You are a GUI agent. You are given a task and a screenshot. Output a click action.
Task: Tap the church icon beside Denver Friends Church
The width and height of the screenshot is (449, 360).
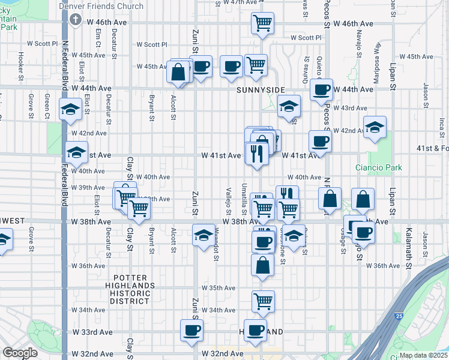[75, 20]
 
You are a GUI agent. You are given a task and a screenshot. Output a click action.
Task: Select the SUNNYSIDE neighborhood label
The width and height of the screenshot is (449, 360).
[261, 89]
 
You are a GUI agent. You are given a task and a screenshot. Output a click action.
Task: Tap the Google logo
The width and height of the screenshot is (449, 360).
[20, 353]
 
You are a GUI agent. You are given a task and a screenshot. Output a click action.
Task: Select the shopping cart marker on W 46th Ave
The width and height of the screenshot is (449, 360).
[262, 23]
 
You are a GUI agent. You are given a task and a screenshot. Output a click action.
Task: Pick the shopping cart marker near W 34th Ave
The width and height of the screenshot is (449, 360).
[263, 301]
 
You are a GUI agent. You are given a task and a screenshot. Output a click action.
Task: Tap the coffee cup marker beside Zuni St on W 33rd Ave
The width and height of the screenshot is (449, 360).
[192, 329]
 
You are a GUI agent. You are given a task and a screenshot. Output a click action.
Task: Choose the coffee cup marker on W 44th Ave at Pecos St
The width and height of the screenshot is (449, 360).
[321, 90]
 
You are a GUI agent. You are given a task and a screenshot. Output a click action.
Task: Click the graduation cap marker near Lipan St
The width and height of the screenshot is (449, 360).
[375, 127]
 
